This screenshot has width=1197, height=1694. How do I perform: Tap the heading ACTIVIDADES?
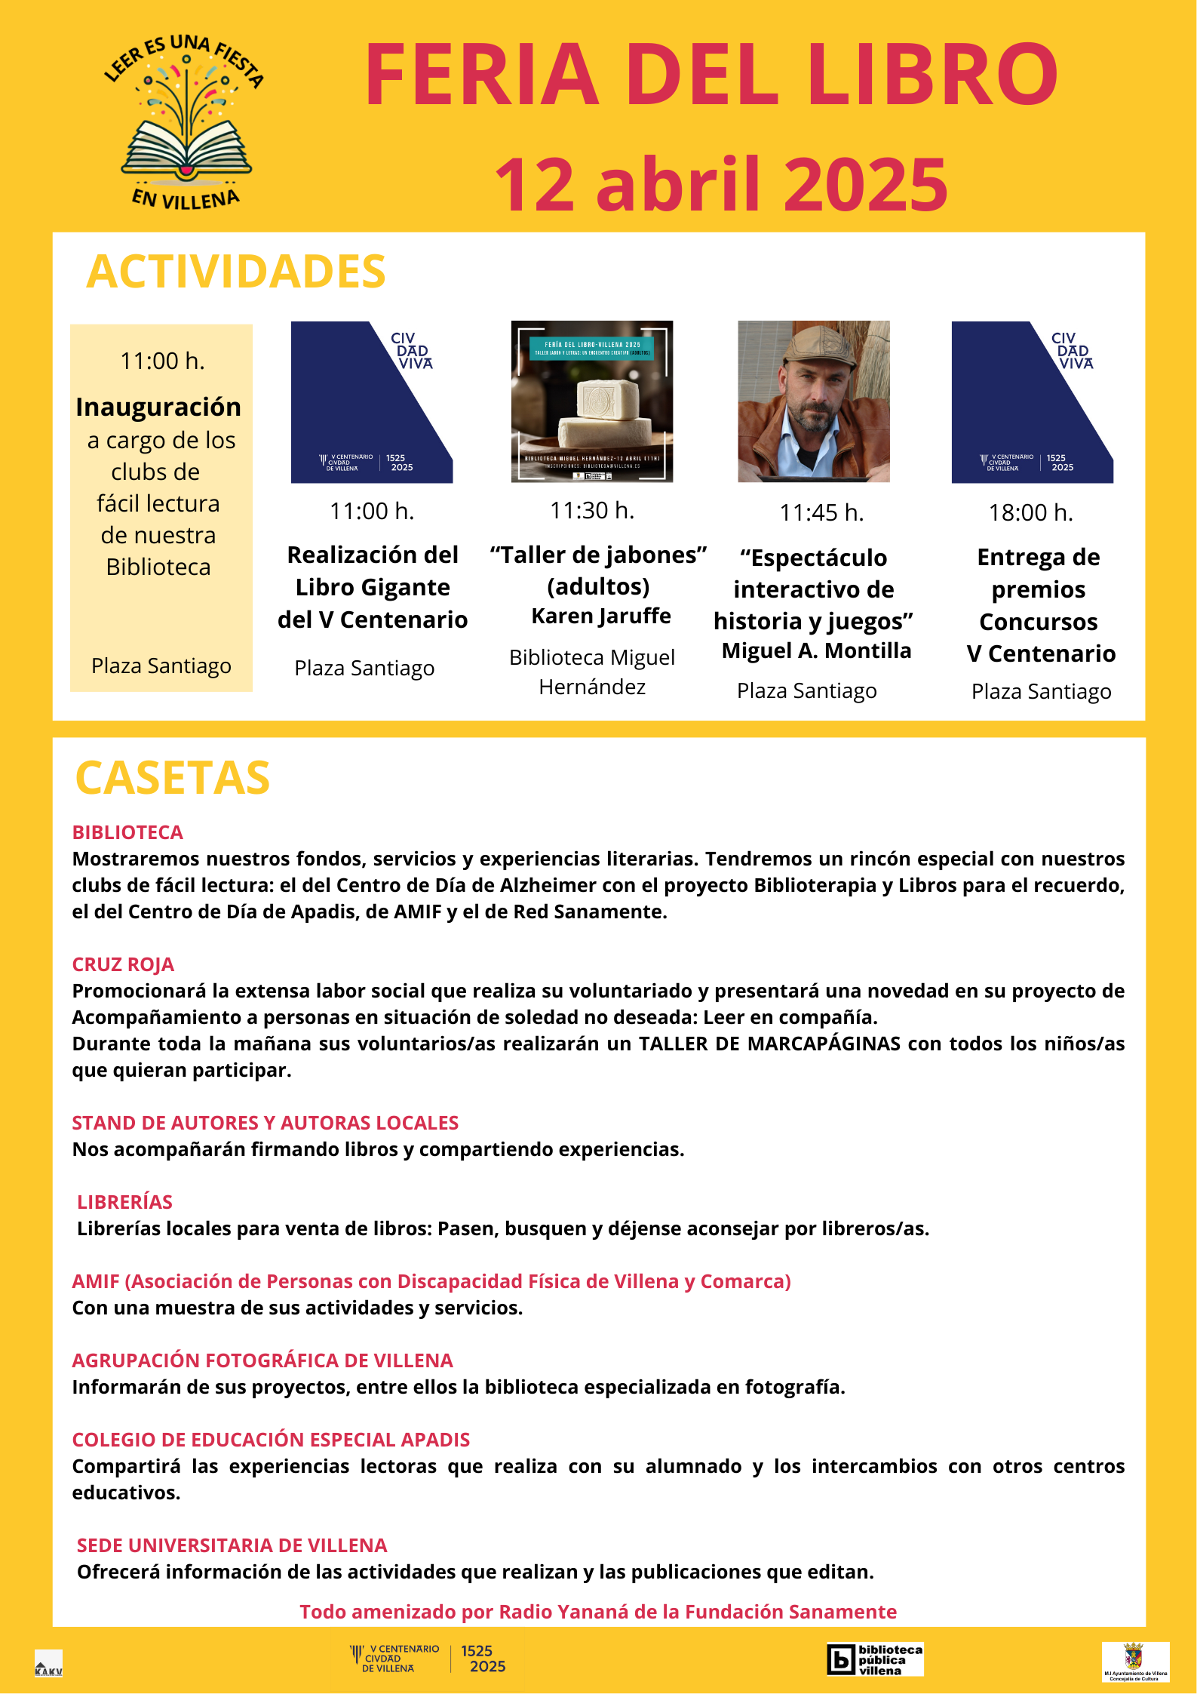235,272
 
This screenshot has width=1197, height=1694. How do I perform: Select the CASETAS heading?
172,778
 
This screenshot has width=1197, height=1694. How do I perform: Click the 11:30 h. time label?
592,511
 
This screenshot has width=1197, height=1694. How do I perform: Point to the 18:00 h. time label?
1030,513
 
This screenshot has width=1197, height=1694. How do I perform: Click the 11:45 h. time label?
821,513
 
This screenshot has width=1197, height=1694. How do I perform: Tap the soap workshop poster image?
592,401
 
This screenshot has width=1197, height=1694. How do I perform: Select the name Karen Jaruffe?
601,616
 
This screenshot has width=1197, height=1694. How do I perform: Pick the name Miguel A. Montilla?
816,650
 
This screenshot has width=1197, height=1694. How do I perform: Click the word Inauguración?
158,407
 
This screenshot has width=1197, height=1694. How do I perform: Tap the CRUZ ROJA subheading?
123,964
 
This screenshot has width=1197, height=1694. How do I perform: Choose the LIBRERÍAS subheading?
124,1202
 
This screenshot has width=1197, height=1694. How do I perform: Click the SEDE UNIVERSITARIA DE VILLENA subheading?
232,1545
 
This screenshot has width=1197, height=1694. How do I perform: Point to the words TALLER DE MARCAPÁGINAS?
769,1044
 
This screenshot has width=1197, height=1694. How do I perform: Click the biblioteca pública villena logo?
875,1659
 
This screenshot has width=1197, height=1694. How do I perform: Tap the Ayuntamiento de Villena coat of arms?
1134,1657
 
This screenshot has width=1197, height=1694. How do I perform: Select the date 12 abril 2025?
721,185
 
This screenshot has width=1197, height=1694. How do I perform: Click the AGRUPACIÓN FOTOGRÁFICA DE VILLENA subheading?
262,1360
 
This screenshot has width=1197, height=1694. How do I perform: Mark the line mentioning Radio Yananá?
598,1612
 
